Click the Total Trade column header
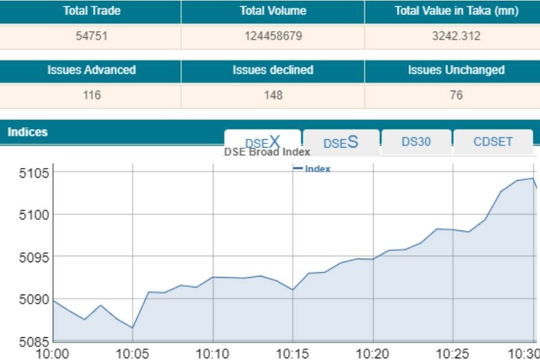92,11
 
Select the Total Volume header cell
273,11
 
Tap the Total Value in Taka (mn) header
456,11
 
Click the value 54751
92,36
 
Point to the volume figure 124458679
273,36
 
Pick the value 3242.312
456,36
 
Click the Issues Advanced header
92,70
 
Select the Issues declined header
273,70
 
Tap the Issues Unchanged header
456,70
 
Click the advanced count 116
92,95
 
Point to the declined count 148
273,95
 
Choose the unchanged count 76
456,95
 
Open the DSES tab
341,143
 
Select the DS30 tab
416,142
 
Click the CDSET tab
493,142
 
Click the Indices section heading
28,132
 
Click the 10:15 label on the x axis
292,353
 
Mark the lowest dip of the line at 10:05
132,328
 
